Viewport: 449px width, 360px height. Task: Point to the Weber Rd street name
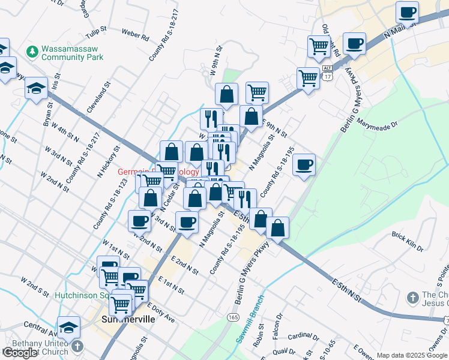click(135, 35)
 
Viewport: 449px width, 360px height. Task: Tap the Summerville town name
click(128, 319)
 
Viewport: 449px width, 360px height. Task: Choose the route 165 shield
click(231, 316)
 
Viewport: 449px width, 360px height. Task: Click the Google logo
click(20, 353)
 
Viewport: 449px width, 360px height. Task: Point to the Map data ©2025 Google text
click(412, 355)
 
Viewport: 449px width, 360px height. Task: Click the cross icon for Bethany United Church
click(77, 347)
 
